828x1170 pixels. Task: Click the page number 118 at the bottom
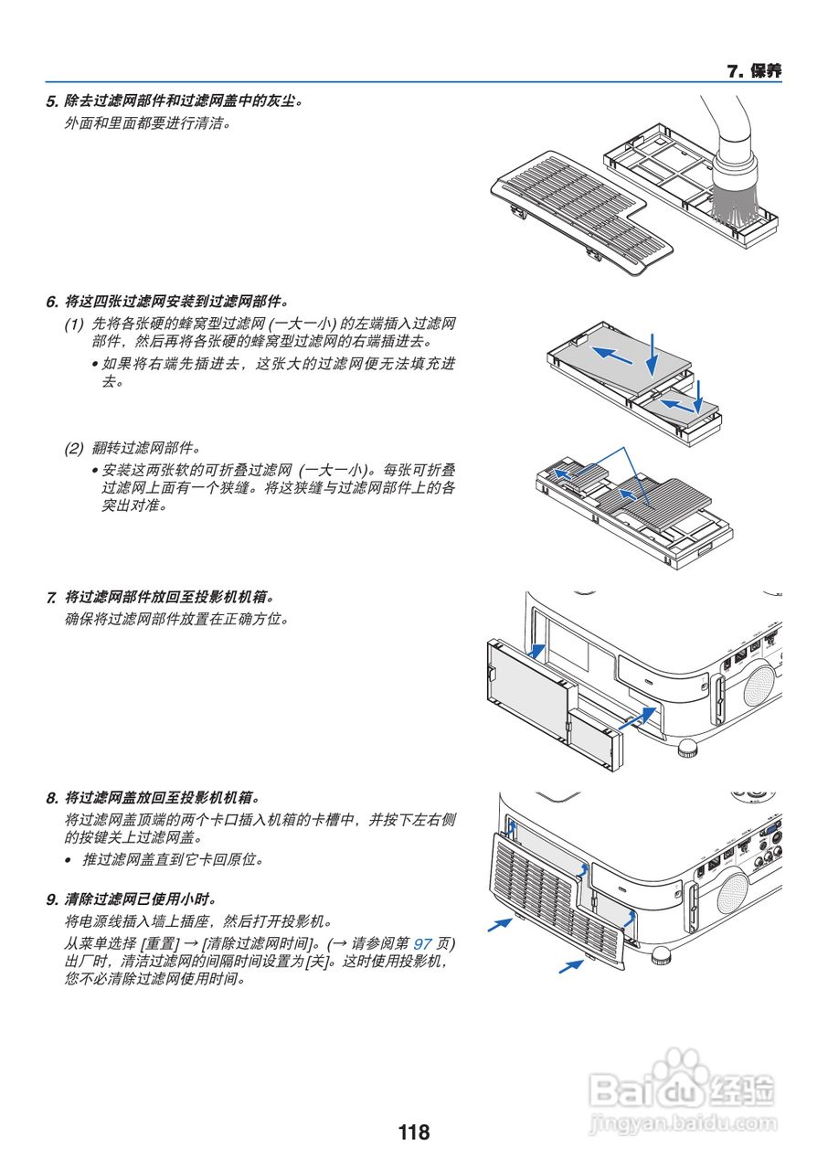(x=413, y=1133)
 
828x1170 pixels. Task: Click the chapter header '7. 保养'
(x=754, y=71)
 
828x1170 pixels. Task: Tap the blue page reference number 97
(x=423, y=942)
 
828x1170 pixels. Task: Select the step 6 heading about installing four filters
(x=174, y=300)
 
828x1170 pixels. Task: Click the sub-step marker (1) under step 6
(x=73, y=324)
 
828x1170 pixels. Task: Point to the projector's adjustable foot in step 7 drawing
(x=687, y=749)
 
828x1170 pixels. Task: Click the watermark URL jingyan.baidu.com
(x=684, y=1122)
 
